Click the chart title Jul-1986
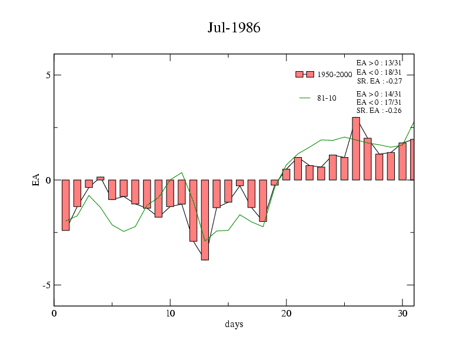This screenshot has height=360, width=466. click(234, 28)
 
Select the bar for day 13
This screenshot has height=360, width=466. click(205, 219)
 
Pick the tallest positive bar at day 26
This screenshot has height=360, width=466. click(356, 148)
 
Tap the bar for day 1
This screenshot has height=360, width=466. click(65, 205)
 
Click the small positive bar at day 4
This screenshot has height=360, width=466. click(100, 178)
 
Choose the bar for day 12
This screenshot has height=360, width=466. click(193, 210)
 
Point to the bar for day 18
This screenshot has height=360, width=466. click(263, 200)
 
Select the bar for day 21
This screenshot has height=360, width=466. click(298, 168)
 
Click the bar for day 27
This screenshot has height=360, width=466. click(368, 159)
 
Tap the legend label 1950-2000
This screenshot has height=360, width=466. click(334, 75)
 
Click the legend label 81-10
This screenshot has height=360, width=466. click(327, 98)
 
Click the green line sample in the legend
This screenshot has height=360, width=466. click(304, 98)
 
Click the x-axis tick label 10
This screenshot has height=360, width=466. click(170, 313)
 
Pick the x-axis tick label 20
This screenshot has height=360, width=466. click(286, 313)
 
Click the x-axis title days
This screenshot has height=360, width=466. click(234, 324)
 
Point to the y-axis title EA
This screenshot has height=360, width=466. click(36, 180)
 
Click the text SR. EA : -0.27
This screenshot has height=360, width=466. click(379, 81)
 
